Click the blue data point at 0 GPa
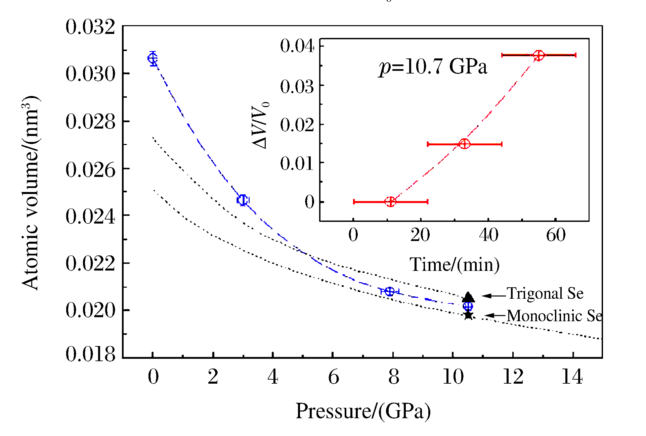pyautogui.click(x=153, y=59)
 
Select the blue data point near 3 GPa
pyautogui.click(x=243, y=200)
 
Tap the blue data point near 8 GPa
pyautogui.click(x=389, y=291)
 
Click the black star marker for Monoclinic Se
pyautogui.click(x=468, y=315)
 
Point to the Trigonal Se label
pyautogui.click(x=545, y=293)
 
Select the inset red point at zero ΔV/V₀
pyautogui.click(x=390, y=202)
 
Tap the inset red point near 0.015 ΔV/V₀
pyautogui.click(x=464, y=144)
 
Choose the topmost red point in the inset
pyautogui.click(x=539, y=55)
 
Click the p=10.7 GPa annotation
pyautogui.click(x=433, y=66)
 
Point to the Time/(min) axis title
pyautogui.click(x=454, y=265)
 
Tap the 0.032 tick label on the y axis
pyautogui.click(x=90, y=27)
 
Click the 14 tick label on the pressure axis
pyautogui.click(x=572, y=377)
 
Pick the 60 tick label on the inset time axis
pyautogui.click(x=556, y=235)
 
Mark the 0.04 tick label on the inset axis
pyautogui.click(x=297, y=46)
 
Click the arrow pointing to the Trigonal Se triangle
pyautogui.click(x=494, y=296)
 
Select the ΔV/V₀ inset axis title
pyautogui.click(x=261, y=125)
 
